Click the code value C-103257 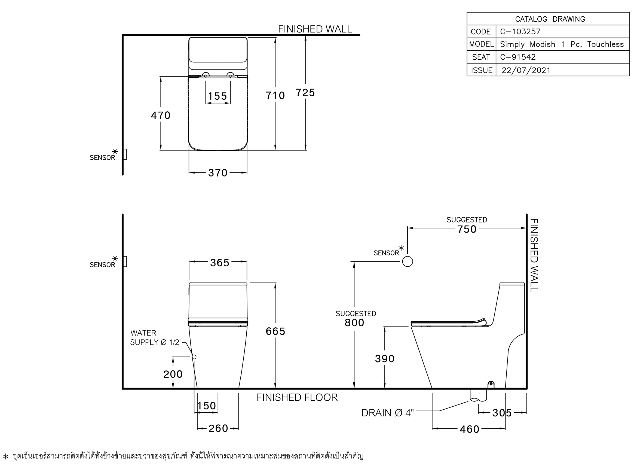tap(520, 32)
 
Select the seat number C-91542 tap(518, 57)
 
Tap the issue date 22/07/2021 tap(526, 70)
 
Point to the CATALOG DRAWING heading tap(550, 19)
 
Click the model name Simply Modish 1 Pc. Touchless tap(562, 44)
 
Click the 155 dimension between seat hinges tap(218, 96)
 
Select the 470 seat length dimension tap(160, 115)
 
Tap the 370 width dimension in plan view tap(218, 173)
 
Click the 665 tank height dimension tap(275, 331)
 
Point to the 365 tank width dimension tap(220, 263)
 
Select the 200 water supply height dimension tap(173, 374)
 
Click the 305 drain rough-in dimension tap(502, 413)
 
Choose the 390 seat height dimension tap(385, 358)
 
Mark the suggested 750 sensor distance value tap(467, 229)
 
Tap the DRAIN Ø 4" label tap(388, 413)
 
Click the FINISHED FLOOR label tap(297, 397)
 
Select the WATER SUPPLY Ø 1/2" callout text tap(156, 337)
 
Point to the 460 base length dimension tap(470, 429)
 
